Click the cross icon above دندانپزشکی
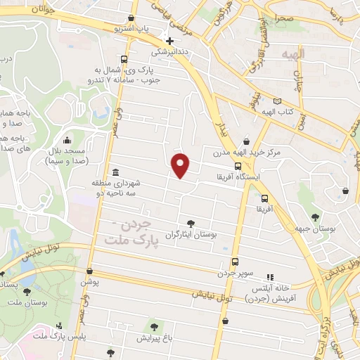pos(169,40)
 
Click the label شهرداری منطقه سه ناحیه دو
pos(116,187)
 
